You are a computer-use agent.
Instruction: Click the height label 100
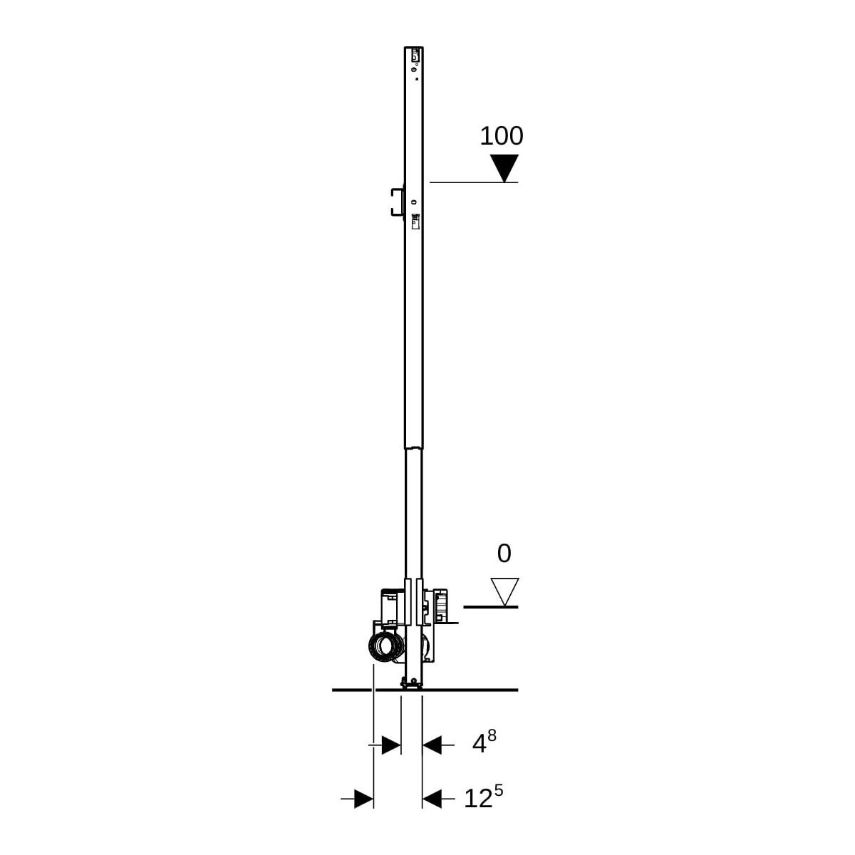[502, 136]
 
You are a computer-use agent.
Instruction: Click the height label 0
[504, 554]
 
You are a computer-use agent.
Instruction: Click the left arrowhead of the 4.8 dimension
[391, 745]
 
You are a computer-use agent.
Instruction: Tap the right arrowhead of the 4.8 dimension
[432, 745]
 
